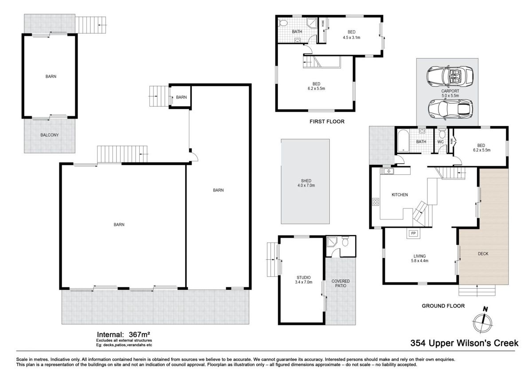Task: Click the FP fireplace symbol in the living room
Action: pyautogui.click(x=413, y=233)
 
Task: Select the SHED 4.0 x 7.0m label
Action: pyautogui.click(x=306, y=183)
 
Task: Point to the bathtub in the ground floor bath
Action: pyautogui.click(x=403, y=141)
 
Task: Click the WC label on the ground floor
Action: pyautogui.click(x=440, y=142)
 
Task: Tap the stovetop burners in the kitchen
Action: pyautogui.click(x=376, y=202)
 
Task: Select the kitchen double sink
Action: pyautogui.click(x=387, y=171)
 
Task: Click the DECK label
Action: pyautogui.click(x=483, y=254)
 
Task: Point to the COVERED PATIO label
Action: pyautogui.click(x=340, y=283)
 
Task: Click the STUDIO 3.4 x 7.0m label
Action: pyautogui.click(x=304, y=280)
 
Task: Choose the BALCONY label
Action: pyautogui.click(x=49, y=135)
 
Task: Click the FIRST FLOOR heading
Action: pyautogui.click(x=327, y=121)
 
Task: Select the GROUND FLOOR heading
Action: pyautogui.click(x=443, y=306)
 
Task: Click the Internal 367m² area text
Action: pyautogui.click(x=123, y=335)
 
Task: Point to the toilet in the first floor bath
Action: pyautogui.click(x=283, y=23)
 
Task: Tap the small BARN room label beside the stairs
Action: pyautogui.click(x=181, y=97)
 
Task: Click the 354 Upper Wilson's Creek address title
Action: pyautogui.click(x=464, y=343)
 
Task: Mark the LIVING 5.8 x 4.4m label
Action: pyautogui.click(x=420, y=258)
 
